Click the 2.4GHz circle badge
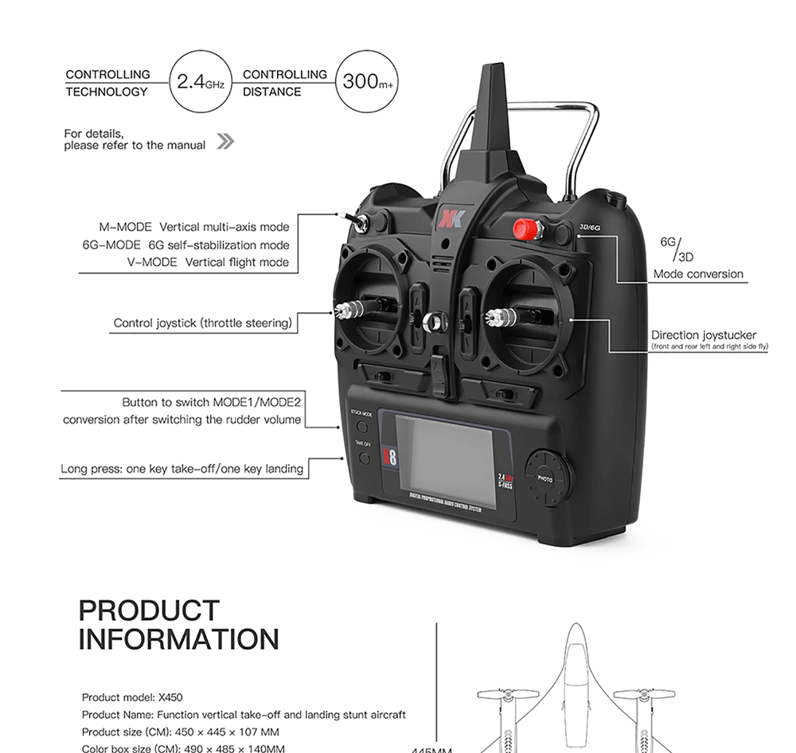pyautogui.click(x=200, y=82)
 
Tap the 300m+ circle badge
pyautogui.click(x=368, y=82)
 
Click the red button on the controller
pyautogui.click(x=525, y=230)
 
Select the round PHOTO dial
pyautogui.click(x=546, y=478)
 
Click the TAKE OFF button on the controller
pyautogui.click(x=365, y=458)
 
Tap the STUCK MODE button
pyautogui.click(x=363, y=427)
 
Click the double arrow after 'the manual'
pyautogui.click(x=225, y=142)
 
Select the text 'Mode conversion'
pyautogui.click(x=698, y=274)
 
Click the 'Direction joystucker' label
pyautogui.click(x=704, y=335)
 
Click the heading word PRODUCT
pyautogui.click(x=149, y=611)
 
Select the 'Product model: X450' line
pyautogui.click(x=132, y=696)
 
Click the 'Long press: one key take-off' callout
pyautogui.click(x=182, y=469)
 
